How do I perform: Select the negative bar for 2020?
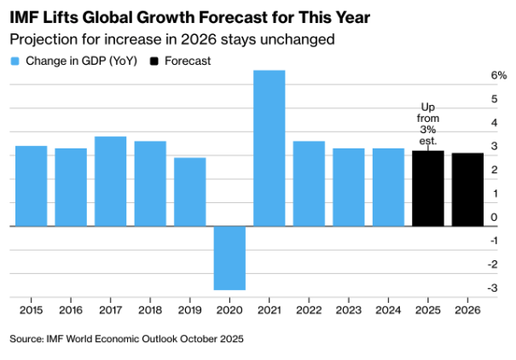click(229, 258)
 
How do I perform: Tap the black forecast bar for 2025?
click(428, 189)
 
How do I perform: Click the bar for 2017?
click(110, 181)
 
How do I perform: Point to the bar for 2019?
click(189, 192)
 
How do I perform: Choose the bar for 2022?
click(309, 183)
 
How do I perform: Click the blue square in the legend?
click(14, 61)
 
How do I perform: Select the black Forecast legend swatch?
click(154, 61)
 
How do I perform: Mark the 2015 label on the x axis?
click(31, 311)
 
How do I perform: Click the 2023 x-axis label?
click(349, 311)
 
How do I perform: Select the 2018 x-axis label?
click(150, 311)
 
